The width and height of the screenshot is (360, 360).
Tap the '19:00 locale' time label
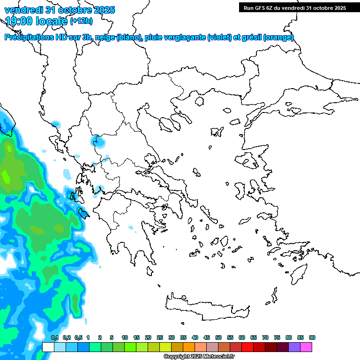pyautogui.click(x=36, y=21)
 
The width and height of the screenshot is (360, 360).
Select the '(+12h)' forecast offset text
pyautogui.click(x=81, y=21)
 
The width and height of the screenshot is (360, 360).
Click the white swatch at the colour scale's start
pyautogui.click(x=48, y=347)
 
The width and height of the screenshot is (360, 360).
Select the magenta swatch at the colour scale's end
pyautogui.click(x=306, y=347)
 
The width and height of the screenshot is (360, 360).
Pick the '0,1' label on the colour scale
pyautogui.click(x=54, y=337)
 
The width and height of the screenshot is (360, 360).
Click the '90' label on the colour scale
pyautogui.click(x=312, y=337)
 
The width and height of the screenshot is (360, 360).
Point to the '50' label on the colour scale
pyautogui.click(x=218, y=337)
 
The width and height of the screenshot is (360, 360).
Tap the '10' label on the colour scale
pyautogui.click(x=125, y=337)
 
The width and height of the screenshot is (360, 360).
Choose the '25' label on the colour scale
pyautogui.click(x=160, y=337)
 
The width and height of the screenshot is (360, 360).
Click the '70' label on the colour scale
pyautogui.click(x=265, y=337)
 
